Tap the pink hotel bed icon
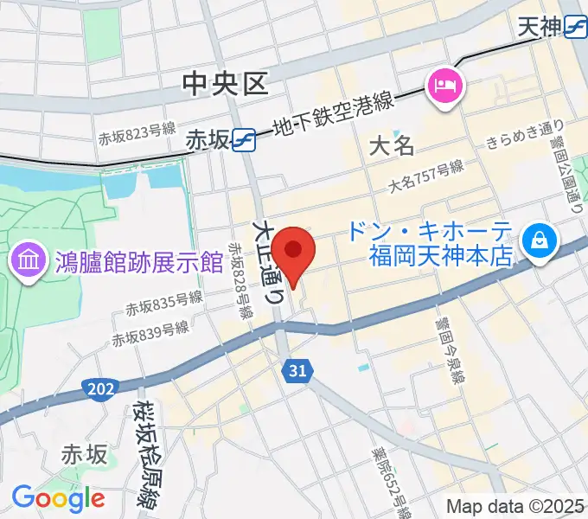coord(445,85)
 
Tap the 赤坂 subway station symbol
coord(244,138)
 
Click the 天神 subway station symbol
coord(575,28)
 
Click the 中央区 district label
coord(226,83)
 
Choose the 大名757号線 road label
coord(426,176)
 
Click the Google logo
coord(58,497)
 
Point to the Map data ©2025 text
coord(515,505)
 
